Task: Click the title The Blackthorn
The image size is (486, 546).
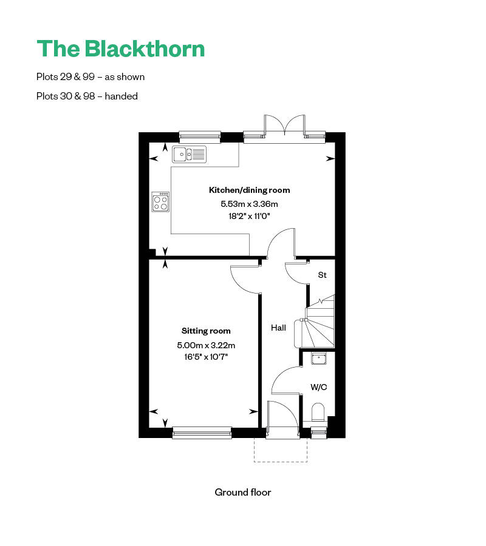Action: tap(121, 49)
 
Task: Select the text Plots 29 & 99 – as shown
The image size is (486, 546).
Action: tap(91, 77)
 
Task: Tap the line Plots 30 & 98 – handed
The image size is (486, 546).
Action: tap(87, 96)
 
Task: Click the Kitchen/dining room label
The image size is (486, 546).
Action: tap(249, 190)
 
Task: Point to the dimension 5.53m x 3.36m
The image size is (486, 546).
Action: tap(249, 204)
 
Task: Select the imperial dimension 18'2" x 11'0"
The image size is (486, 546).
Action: tap(249, 215)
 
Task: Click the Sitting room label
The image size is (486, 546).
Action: tap(206, 331)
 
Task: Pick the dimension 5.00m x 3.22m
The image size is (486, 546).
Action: tap(206, 345)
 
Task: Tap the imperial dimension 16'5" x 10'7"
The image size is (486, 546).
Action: tap(206, 357)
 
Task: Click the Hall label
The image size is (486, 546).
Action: tap(278, 328)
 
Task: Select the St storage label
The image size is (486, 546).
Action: tap(322, 275)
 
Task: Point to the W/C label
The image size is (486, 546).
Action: tap(318, 386)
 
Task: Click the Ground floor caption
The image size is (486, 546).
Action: tap(243, 492)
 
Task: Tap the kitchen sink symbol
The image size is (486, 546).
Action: tap(189, 154)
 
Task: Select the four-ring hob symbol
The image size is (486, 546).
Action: tap(161, 202)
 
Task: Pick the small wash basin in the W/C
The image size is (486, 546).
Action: tap(319, 359)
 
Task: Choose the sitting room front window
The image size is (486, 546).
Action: tap(202, 433)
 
